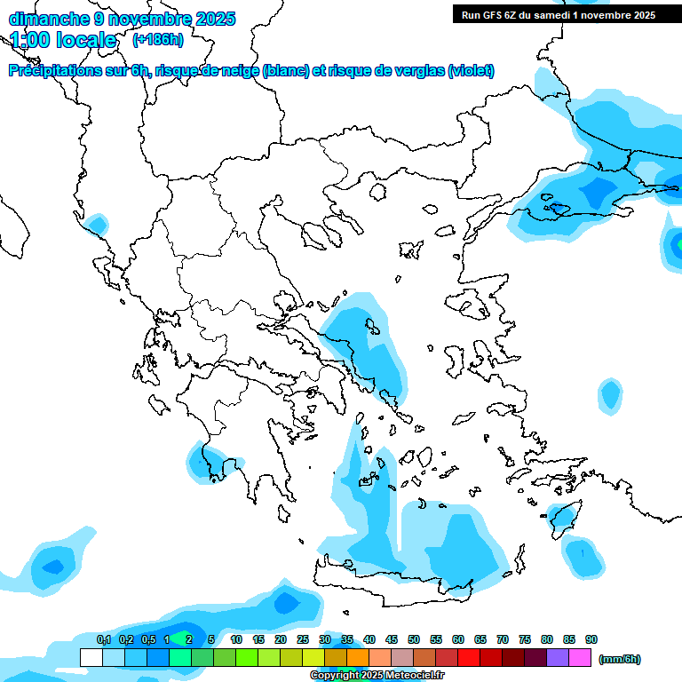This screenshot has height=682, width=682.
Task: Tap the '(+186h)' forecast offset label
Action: pyautogui.click(x=158, y=39)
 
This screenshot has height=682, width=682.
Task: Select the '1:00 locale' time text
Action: pyautogui.click(x=63, y=40)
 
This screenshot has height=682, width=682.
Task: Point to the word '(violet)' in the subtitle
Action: pyautogui.click(x=471, y=71)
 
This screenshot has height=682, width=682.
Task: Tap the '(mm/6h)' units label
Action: pyautogui.click(x=619, y=659)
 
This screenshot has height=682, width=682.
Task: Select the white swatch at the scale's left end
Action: pyautogui.click(x=91, y=658)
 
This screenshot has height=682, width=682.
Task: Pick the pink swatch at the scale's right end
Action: pyautogui.click(x=580, y=658)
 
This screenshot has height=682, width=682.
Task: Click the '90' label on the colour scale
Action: pyautogui.click(x=591, y=639)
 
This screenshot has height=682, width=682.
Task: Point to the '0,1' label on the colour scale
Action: pyautogui.click(x=104, y=639)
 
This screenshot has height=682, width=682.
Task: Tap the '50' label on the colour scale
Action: pyautogui.click(x=414, y=639)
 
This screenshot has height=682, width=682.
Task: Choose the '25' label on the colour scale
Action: pyautogui.click(x=303, y=639)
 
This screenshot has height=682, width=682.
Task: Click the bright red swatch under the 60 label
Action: pyautogui.click(x=469, y=658)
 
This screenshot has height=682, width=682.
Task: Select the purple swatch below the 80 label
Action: pyautogui.click(x=558, y=658)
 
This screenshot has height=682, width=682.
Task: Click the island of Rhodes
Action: pyautogui.click(x=561, y=519)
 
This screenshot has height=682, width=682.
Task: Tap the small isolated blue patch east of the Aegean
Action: pyautogui.click(x=609, y=393)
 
